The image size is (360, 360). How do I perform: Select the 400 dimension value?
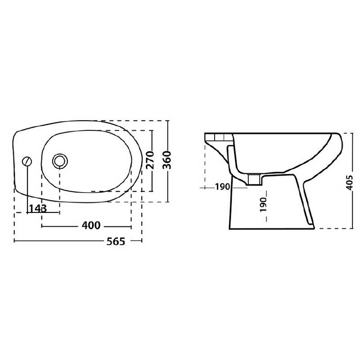(x=91, y=225)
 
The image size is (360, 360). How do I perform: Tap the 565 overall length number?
(x=116, y=241)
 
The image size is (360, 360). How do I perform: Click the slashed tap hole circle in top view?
(x=28, y=161)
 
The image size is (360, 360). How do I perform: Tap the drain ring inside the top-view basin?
(x=60, y=159)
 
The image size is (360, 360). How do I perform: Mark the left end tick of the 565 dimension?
(x=15, y=242)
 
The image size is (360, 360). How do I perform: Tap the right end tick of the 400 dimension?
(x=131, y=226)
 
